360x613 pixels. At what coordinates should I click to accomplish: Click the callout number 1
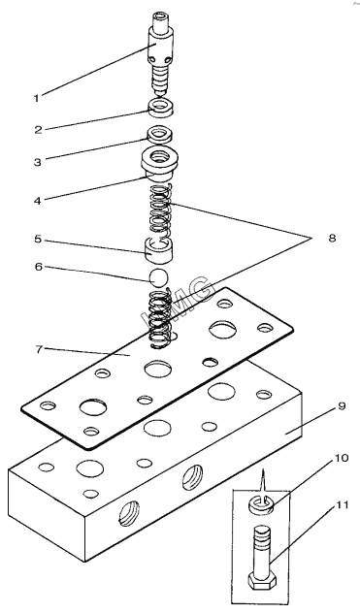coord(37,98)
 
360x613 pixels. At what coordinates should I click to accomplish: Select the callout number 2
coord(38,130)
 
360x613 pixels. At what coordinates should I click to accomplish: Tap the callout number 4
coord(38,201)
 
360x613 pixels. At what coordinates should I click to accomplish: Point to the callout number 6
coord(38,266)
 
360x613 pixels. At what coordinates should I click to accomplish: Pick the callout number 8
coord(332,238)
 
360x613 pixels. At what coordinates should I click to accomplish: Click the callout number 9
coord(342,406)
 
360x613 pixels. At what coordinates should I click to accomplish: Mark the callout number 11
coord(342,505)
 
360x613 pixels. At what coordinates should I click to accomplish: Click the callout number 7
coord(39,349)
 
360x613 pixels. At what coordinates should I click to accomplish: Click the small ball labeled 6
coord(158,277)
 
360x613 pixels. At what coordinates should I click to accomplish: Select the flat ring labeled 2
coord(161,108)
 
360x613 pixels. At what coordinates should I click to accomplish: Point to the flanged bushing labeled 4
coord(160,163)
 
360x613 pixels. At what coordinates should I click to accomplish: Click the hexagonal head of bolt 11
coord(263,581)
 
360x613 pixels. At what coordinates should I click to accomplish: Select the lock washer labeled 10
coord(260,505)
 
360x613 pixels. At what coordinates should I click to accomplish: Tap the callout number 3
coord(38,162)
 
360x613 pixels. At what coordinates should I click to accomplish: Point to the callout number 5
coord(38,239)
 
